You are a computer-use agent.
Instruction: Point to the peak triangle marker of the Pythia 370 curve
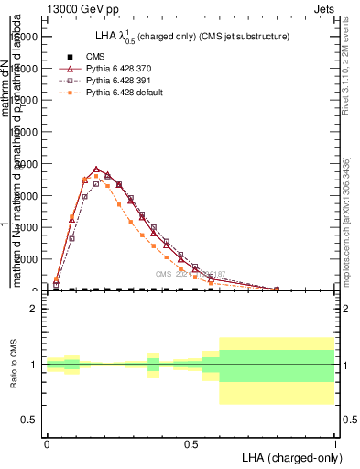pyautogui.click(x=96, y=169)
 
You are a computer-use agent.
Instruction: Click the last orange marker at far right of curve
pyautogui.click(x=276, y=289)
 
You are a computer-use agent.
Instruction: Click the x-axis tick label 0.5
pyautogui.click(x=191, y=442)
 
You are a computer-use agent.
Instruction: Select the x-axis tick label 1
pyautogui.click(x=334, y=442)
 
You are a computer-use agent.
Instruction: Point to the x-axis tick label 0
pyautogui.click(x=47, y=442)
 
